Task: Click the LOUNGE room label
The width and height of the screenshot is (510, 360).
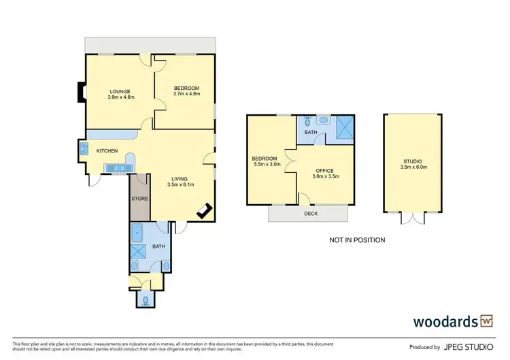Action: tap(121, 91)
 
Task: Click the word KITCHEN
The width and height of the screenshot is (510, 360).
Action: tap(107, 150)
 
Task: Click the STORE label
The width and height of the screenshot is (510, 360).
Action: tap(139, 199)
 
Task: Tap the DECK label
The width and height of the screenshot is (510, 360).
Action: tap(309, 214)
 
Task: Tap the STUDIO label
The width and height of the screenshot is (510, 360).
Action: tap(412, 161)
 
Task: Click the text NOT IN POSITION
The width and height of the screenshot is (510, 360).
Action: tap(357, 240)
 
